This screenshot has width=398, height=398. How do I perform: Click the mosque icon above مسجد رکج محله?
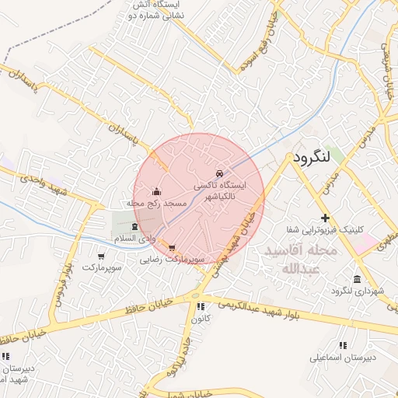tap(157, 192)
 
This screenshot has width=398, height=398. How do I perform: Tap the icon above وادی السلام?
tap(135, 226)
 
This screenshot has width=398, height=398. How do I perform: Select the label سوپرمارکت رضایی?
tap(172, 260)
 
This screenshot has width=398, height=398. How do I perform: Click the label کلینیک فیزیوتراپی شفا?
tap(325, 229)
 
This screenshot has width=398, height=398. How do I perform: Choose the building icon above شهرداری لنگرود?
tap(357, 279)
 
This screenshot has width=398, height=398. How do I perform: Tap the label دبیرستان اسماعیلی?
tap(343, 358)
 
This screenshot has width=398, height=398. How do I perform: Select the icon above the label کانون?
tap(201, 306)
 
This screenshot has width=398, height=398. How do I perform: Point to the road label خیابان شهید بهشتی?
tap(237, 240)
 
